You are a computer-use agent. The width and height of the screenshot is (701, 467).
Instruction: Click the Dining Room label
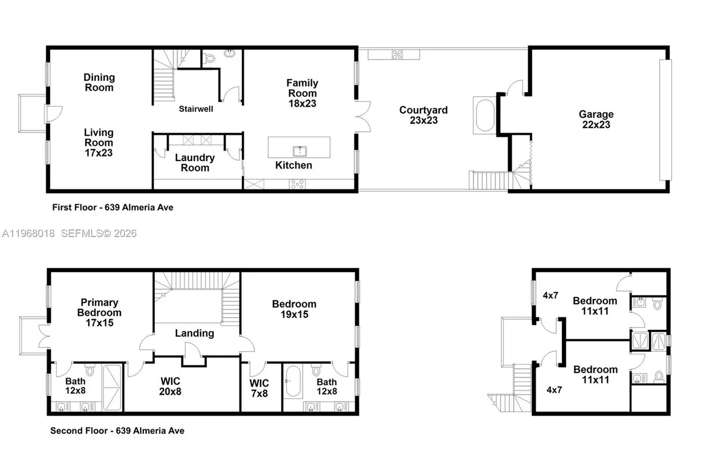pos(99,82)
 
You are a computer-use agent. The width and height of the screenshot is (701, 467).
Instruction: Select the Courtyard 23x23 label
pos(424,115)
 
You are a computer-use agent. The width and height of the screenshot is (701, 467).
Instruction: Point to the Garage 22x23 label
pos(596,120)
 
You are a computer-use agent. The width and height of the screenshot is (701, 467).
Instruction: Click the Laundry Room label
pos(195,163)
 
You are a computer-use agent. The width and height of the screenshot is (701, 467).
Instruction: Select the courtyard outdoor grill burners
pos(397,55)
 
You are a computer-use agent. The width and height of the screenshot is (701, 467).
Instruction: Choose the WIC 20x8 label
pos(171,386)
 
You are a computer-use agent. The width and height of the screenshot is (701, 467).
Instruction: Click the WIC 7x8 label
pos(259,388)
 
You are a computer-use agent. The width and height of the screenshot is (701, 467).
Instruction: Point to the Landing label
pos(195,333)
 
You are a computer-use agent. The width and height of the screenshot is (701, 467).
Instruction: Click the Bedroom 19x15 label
pos(294,309)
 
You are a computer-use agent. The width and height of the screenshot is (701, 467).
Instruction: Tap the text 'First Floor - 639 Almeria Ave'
pos(112,207)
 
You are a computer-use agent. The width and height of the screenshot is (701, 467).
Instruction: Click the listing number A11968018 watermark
pos(28,233)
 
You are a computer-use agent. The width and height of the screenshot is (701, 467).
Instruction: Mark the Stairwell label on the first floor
pos(195,109)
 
